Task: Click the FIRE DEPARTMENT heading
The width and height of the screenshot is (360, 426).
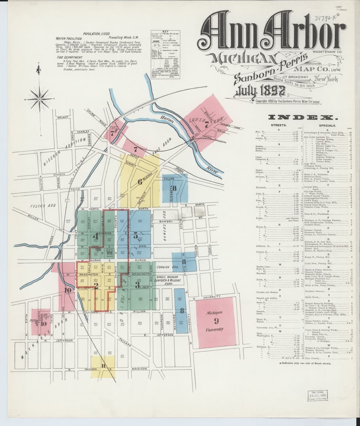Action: pyautogui.click(x=70, y=57)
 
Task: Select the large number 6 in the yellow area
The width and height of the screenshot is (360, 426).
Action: pyautogui.click(x=140, y=182)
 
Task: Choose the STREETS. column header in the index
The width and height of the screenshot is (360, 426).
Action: pyautogui.click(x=279, y=125)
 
